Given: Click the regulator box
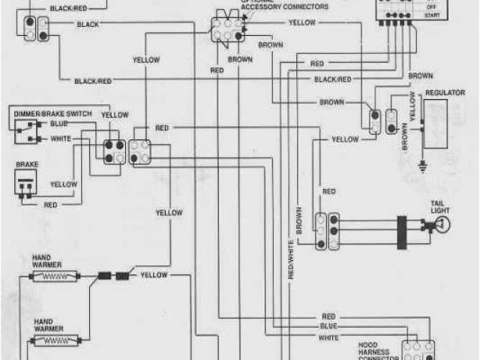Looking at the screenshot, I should coord(436,123).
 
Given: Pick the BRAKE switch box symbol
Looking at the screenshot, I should coord(26,181).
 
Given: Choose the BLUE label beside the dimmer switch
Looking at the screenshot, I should coord(58,123).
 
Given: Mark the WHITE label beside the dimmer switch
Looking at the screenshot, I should coord(60,139).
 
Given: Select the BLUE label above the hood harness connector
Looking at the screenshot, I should coord(328,327).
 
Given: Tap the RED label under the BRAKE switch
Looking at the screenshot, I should coord(51,204).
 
